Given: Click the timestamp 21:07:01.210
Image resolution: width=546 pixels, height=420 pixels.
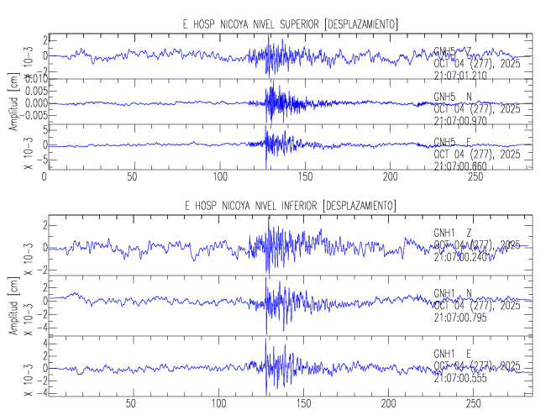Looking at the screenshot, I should tap(460, 76).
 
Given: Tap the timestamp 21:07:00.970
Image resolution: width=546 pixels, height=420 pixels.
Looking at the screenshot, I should tap(460, 121).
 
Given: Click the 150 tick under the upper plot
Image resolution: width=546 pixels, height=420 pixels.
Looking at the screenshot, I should tap(303, 177).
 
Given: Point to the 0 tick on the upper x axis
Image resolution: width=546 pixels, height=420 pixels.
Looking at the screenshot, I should tap(45, 177).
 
